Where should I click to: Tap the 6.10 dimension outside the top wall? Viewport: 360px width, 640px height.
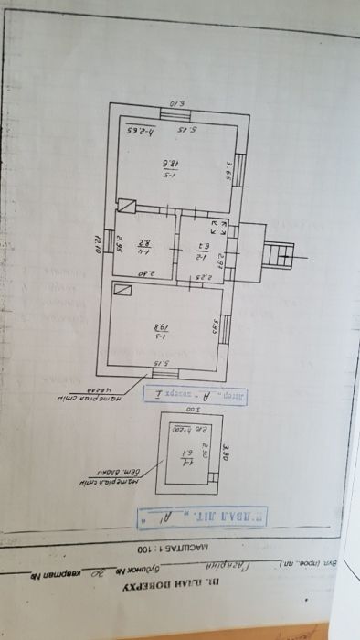[177, 104]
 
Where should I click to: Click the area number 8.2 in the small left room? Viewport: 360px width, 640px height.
[143, 244]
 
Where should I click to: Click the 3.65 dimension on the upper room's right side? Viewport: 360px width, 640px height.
[229, 170]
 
